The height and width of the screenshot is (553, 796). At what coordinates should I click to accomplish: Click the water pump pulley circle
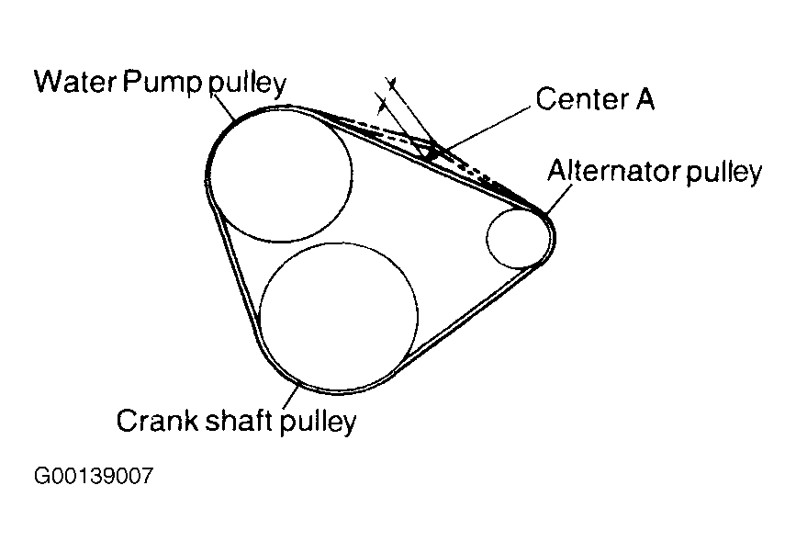click(x=282, y=175)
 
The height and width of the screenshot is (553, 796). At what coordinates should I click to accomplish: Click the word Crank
click(x=151, y=422)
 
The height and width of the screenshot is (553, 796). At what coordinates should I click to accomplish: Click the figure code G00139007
click(x=93, y=478)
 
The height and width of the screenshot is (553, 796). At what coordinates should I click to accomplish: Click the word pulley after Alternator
click(x=725, y=173)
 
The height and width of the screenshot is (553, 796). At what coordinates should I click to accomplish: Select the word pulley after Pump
click(x=249, y=83)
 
